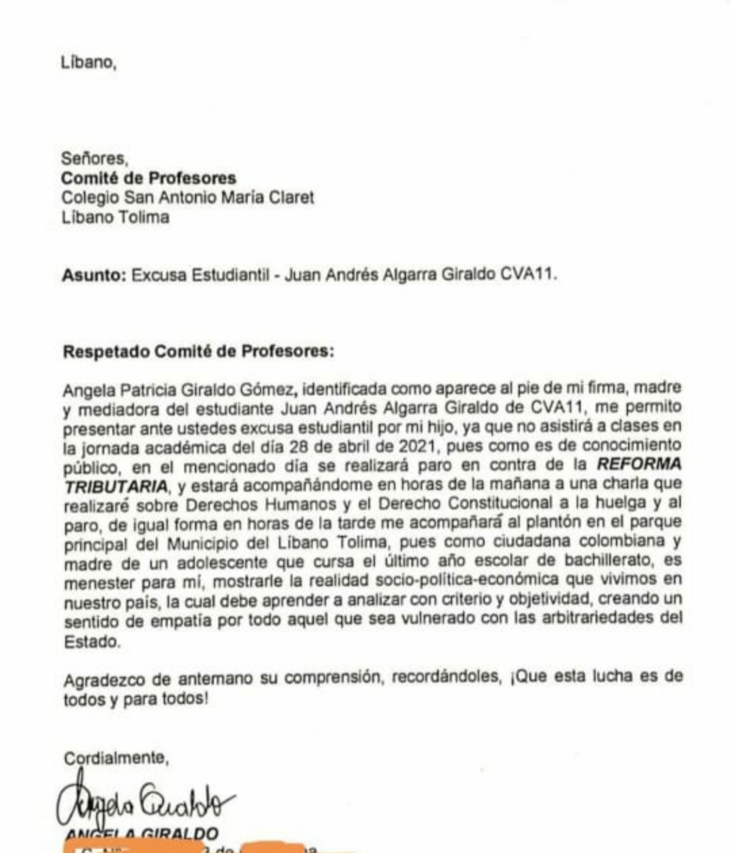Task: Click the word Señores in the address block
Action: [93, 159]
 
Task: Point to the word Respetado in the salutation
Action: [106, 351]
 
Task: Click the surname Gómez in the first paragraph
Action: [269, 390]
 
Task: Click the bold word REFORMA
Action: [639, 465]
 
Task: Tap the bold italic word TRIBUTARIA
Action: [115, 485]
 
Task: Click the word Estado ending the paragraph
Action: [91, 642]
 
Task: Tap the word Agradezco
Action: [107, 678]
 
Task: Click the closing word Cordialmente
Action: [115, 758]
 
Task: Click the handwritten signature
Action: [146, 803]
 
